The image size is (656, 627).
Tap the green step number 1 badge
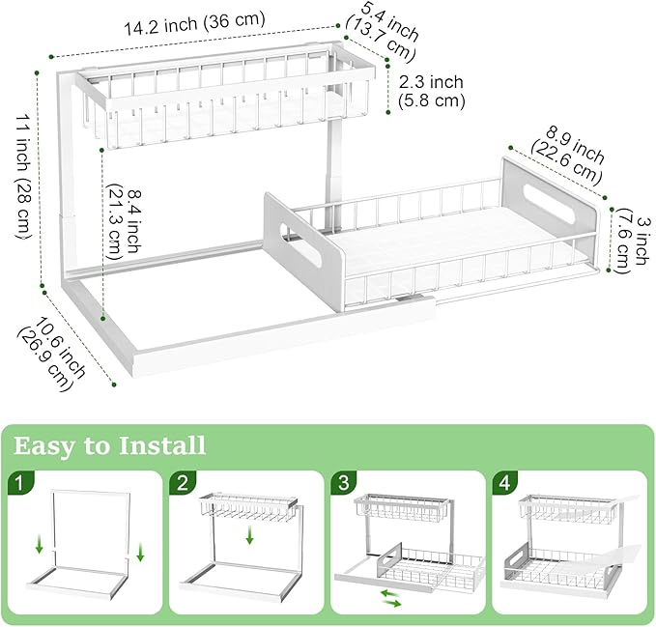click(x=19, y=481)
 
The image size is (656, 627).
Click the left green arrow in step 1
click(x=39, y=548)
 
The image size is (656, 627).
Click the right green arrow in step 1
click(x=140, y=552)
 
